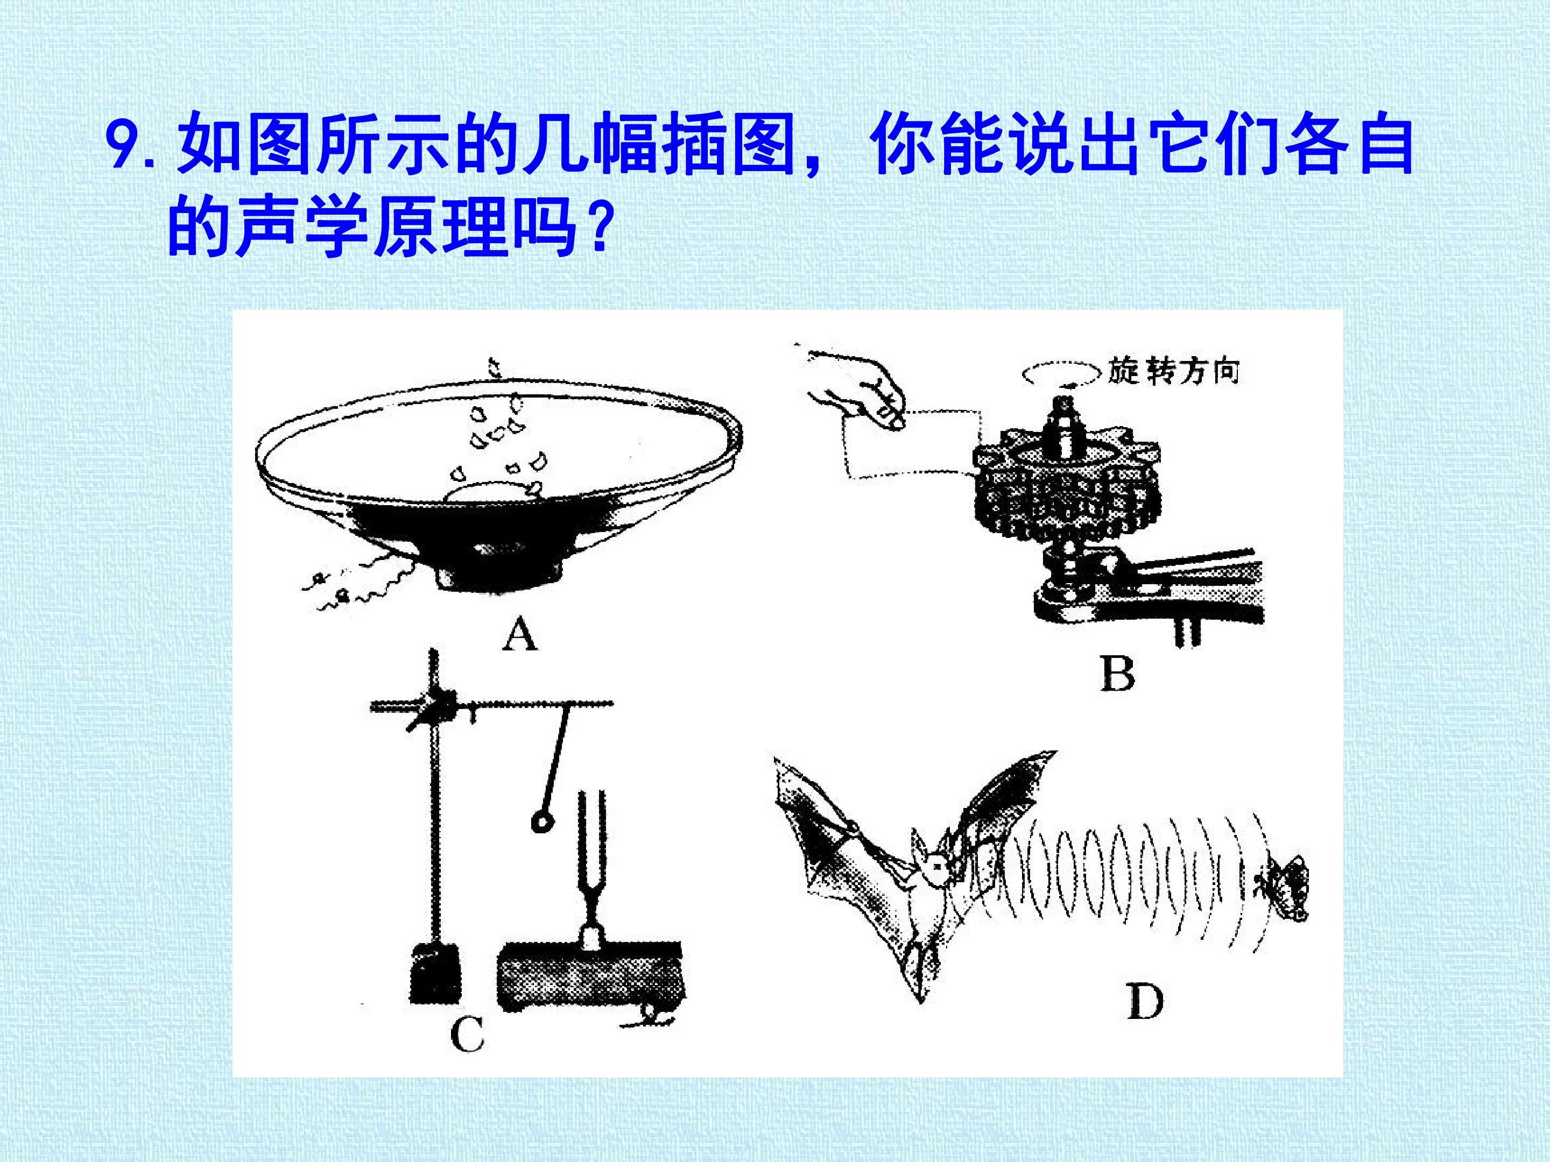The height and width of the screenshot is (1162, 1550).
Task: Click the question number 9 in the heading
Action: (x=123, y=146)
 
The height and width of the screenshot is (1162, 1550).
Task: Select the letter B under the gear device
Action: (x=1117, y=674)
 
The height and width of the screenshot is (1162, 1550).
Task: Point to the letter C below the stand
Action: (x=467, y=1034)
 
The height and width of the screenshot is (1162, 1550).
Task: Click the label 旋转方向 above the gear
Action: (x=1174, y=371)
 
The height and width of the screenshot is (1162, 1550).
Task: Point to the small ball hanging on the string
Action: (x=541, y=821)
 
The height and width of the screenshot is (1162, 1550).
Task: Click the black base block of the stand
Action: (x=434, y=974)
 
